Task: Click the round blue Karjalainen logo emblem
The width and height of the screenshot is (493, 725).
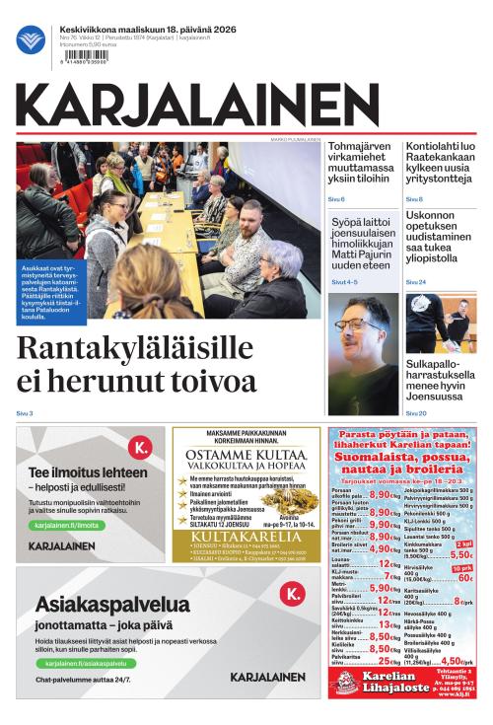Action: tap(30, 39)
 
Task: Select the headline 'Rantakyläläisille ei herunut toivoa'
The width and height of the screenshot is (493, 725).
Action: tap(137, 364)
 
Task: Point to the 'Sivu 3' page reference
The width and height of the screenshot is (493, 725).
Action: tap(25, 412)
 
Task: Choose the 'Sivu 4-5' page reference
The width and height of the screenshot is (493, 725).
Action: tap(344, 282)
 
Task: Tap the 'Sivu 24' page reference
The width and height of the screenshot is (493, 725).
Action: tap(415, 282)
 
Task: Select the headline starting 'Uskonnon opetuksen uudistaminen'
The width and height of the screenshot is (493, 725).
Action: tap(440, 242)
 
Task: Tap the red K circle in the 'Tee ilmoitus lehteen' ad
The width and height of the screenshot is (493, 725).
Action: tap(141, 449)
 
